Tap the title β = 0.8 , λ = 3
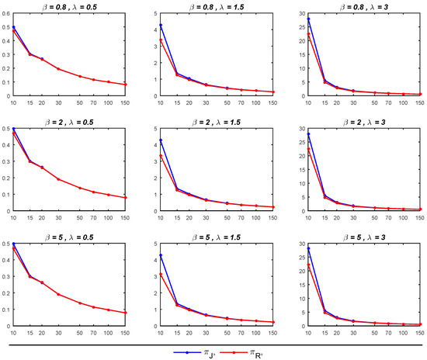coord(363,6)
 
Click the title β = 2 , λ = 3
coord(363,121)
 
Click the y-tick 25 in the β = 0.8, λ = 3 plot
coord(301,27)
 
